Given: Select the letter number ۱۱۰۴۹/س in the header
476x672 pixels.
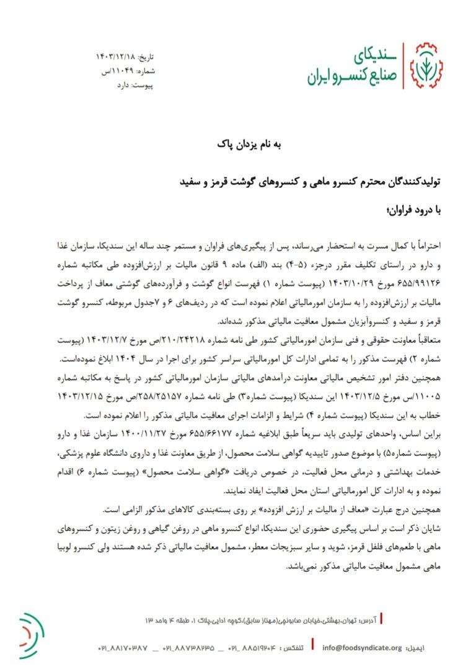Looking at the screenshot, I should [x=115, y=71].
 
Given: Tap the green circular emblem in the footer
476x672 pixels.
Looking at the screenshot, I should [x=31, y=631].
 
